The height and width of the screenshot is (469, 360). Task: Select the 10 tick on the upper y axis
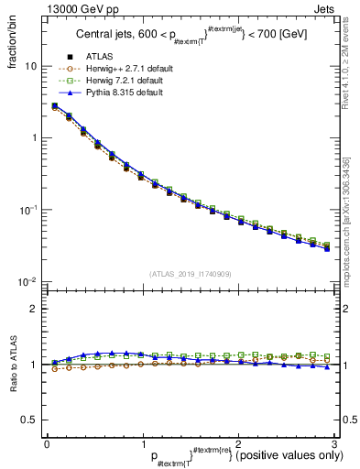[x=30, y=66]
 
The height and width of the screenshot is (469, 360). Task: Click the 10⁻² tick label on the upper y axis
[x=28, y=281]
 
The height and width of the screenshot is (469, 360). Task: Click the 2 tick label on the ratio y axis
[x=33, y=309]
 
